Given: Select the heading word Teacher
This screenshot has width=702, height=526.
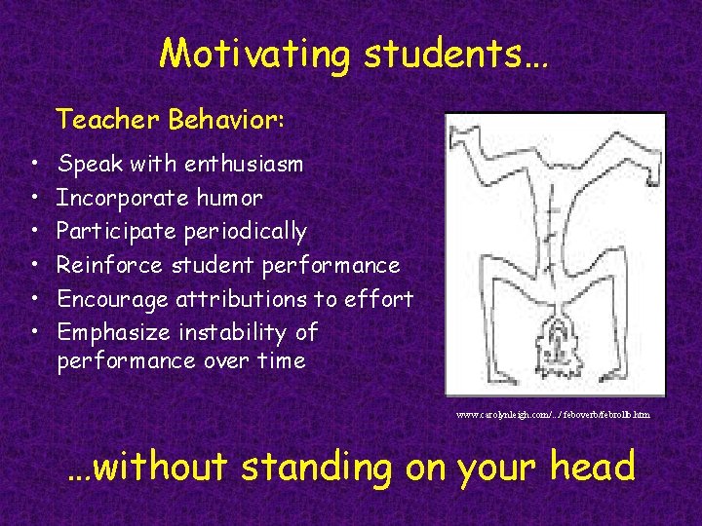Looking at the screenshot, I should coord(107,120).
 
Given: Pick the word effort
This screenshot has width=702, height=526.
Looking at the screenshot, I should coord(380,299).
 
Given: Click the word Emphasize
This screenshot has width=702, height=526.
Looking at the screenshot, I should coord(112,333).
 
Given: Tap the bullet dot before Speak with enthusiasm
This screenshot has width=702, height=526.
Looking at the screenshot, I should coord(33,165).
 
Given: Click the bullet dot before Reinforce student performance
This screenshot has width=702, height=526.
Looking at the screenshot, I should coord(33,266).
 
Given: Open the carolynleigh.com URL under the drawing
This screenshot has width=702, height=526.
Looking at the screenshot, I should coord(553,415).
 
